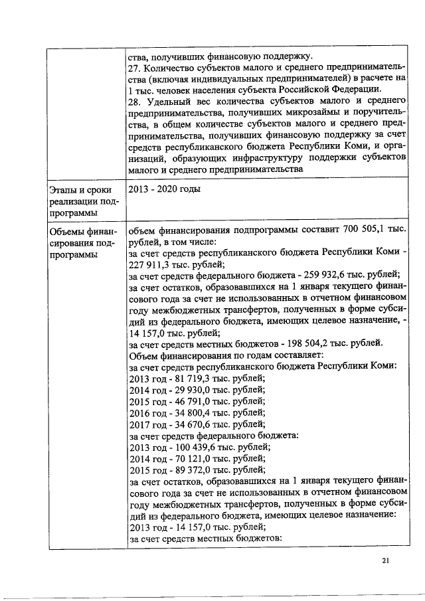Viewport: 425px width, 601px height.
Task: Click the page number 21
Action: (x=386, y=561)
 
